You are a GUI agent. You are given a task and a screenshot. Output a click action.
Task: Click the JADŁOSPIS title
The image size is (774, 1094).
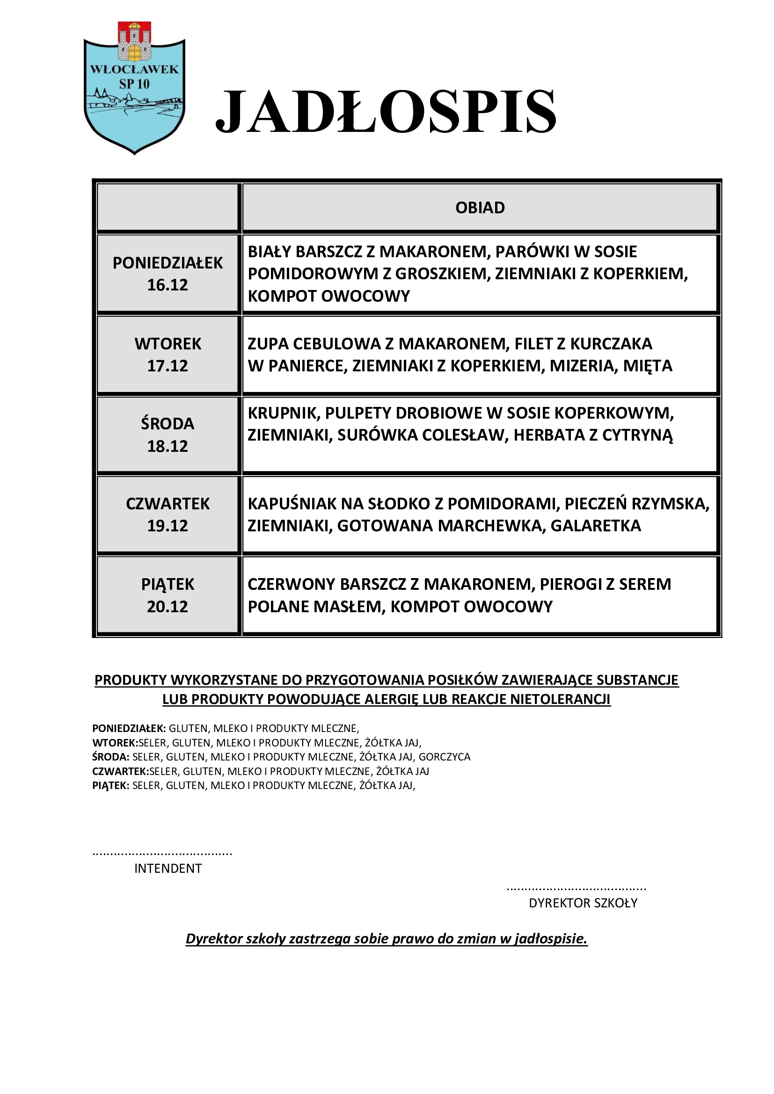pyautogui.click(x=386, y=111)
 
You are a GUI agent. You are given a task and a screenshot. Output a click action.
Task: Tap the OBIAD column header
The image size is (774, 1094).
pyautogui.click(x=480, y=208)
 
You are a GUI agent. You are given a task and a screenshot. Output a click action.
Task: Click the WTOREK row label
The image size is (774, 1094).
pyautogui.click(x=168, y=344)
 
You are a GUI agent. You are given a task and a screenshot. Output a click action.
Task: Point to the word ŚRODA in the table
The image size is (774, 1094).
pyautogui.click(x=168, y=424)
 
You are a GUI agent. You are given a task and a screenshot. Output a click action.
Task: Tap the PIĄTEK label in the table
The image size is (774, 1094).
pyautogui.click(x=168, y=584)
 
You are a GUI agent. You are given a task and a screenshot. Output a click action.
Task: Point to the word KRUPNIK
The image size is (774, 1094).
pyautogui.click(x=282, y=413)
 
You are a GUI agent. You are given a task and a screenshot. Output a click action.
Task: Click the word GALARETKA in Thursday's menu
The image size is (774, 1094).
pyautogui.click(x=596, y=526)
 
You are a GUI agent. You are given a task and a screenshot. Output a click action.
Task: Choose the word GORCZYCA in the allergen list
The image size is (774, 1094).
pyautogui.click(x=444, y=757)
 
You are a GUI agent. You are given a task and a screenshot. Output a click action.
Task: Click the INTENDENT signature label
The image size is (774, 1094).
pyautogui.click(x=168, y=868)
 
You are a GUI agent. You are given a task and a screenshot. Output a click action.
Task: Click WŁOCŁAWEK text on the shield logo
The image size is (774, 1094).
pyautogui.click(x=134, y=70)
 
